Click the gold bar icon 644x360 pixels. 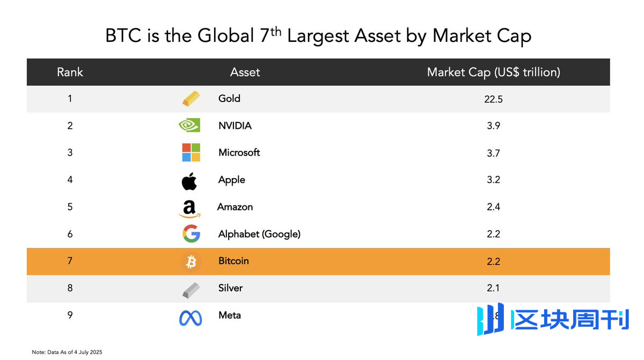click(191, 99)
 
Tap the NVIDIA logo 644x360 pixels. click(189, 126)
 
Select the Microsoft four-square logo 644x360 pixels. click(191, 152)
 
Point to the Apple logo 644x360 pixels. click(189, 181)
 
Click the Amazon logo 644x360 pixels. click(189, 208)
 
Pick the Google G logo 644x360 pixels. click(191, 234)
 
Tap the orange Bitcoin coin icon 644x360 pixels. click(191, 261)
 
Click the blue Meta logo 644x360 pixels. click(191, 318)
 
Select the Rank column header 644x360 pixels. click(70, 72)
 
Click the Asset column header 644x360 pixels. click(245, 72)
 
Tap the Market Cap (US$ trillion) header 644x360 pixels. click(493, 72)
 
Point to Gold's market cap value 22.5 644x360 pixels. click(493, 99)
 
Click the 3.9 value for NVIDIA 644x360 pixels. click(493, 126)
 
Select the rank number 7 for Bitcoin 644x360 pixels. click(70, 261)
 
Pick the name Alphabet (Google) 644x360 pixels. click(259, 234)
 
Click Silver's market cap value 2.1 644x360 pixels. click(493, 288)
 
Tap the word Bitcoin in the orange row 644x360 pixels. click(233, 261)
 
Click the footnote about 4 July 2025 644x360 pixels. click(67, 352)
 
